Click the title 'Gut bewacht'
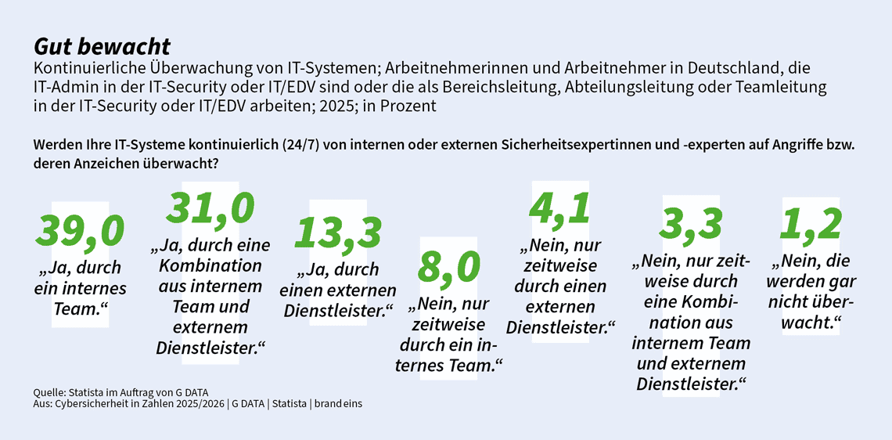point(102,46)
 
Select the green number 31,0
point(210,208)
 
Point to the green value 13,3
point(338,233)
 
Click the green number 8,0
point(448,268)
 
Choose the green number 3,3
point(690,225)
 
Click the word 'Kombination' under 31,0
point(210,265)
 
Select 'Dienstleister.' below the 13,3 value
point(338,310)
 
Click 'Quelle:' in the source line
point(50,391)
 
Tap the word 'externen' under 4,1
point(560,306)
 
